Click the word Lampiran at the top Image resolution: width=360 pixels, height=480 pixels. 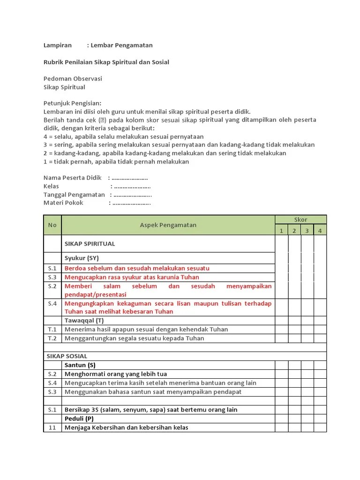click(58, 45)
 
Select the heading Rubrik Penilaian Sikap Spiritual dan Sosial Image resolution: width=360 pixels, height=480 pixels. click(106, 62)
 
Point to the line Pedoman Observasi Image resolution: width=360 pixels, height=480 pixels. click(73, 79)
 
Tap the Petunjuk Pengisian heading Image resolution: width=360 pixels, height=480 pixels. click(72, 103)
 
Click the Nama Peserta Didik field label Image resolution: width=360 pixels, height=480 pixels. click(73, 178)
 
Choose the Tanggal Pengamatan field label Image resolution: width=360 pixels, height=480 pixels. click(75, 195)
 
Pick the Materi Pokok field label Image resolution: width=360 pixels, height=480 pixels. click(63, 203)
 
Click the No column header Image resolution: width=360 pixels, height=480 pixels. click(52, 225)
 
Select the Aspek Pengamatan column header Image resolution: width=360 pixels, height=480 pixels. click(168, 225)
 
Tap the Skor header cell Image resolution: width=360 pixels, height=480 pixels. click(300, 219)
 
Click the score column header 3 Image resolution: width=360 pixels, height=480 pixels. click(307, 230)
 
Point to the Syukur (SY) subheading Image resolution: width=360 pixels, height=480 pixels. click(82, 258)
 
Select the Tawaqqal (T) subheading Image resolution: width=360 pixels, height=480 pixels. click(84, 321)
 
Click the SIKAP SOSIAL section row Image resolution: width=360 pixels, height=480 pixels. click(67, 356)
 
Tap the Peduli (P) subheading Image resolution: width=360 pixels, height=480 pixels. click(79, 418)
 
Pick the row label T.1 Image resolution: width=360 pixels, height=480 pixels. click(52, 330)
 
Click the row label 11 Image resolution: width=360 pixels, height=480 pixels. click(52, 427)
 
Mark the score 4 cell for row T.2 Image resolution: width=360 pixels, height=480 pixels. click(320, 338)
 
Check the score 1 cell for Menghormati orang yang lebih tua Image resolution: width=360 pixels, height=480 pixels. click(281, 374)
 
